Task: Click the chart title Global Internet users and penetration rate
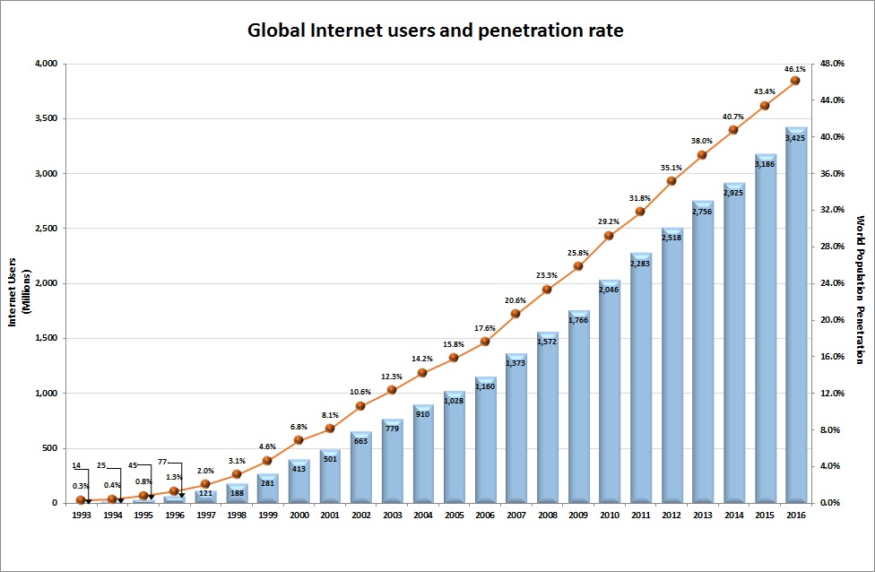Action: point(436,30)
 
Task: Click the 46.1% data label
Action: point(795,68)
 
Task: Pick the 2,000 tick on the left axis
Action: point(45,283)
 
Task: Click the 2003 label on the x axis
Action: point(392,516)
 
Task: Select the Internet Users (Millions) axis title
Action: point(15,283)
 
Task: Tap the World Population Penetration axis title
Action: point(860,289)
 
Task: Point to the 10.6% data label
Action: point(360,392)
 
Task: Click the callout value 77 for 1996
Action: point(162,465)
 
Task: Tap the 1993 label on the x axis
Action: point(81,516)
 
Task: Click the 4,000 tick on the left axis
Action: point(45,64)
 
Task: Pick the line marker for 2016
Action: point(795,81)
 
